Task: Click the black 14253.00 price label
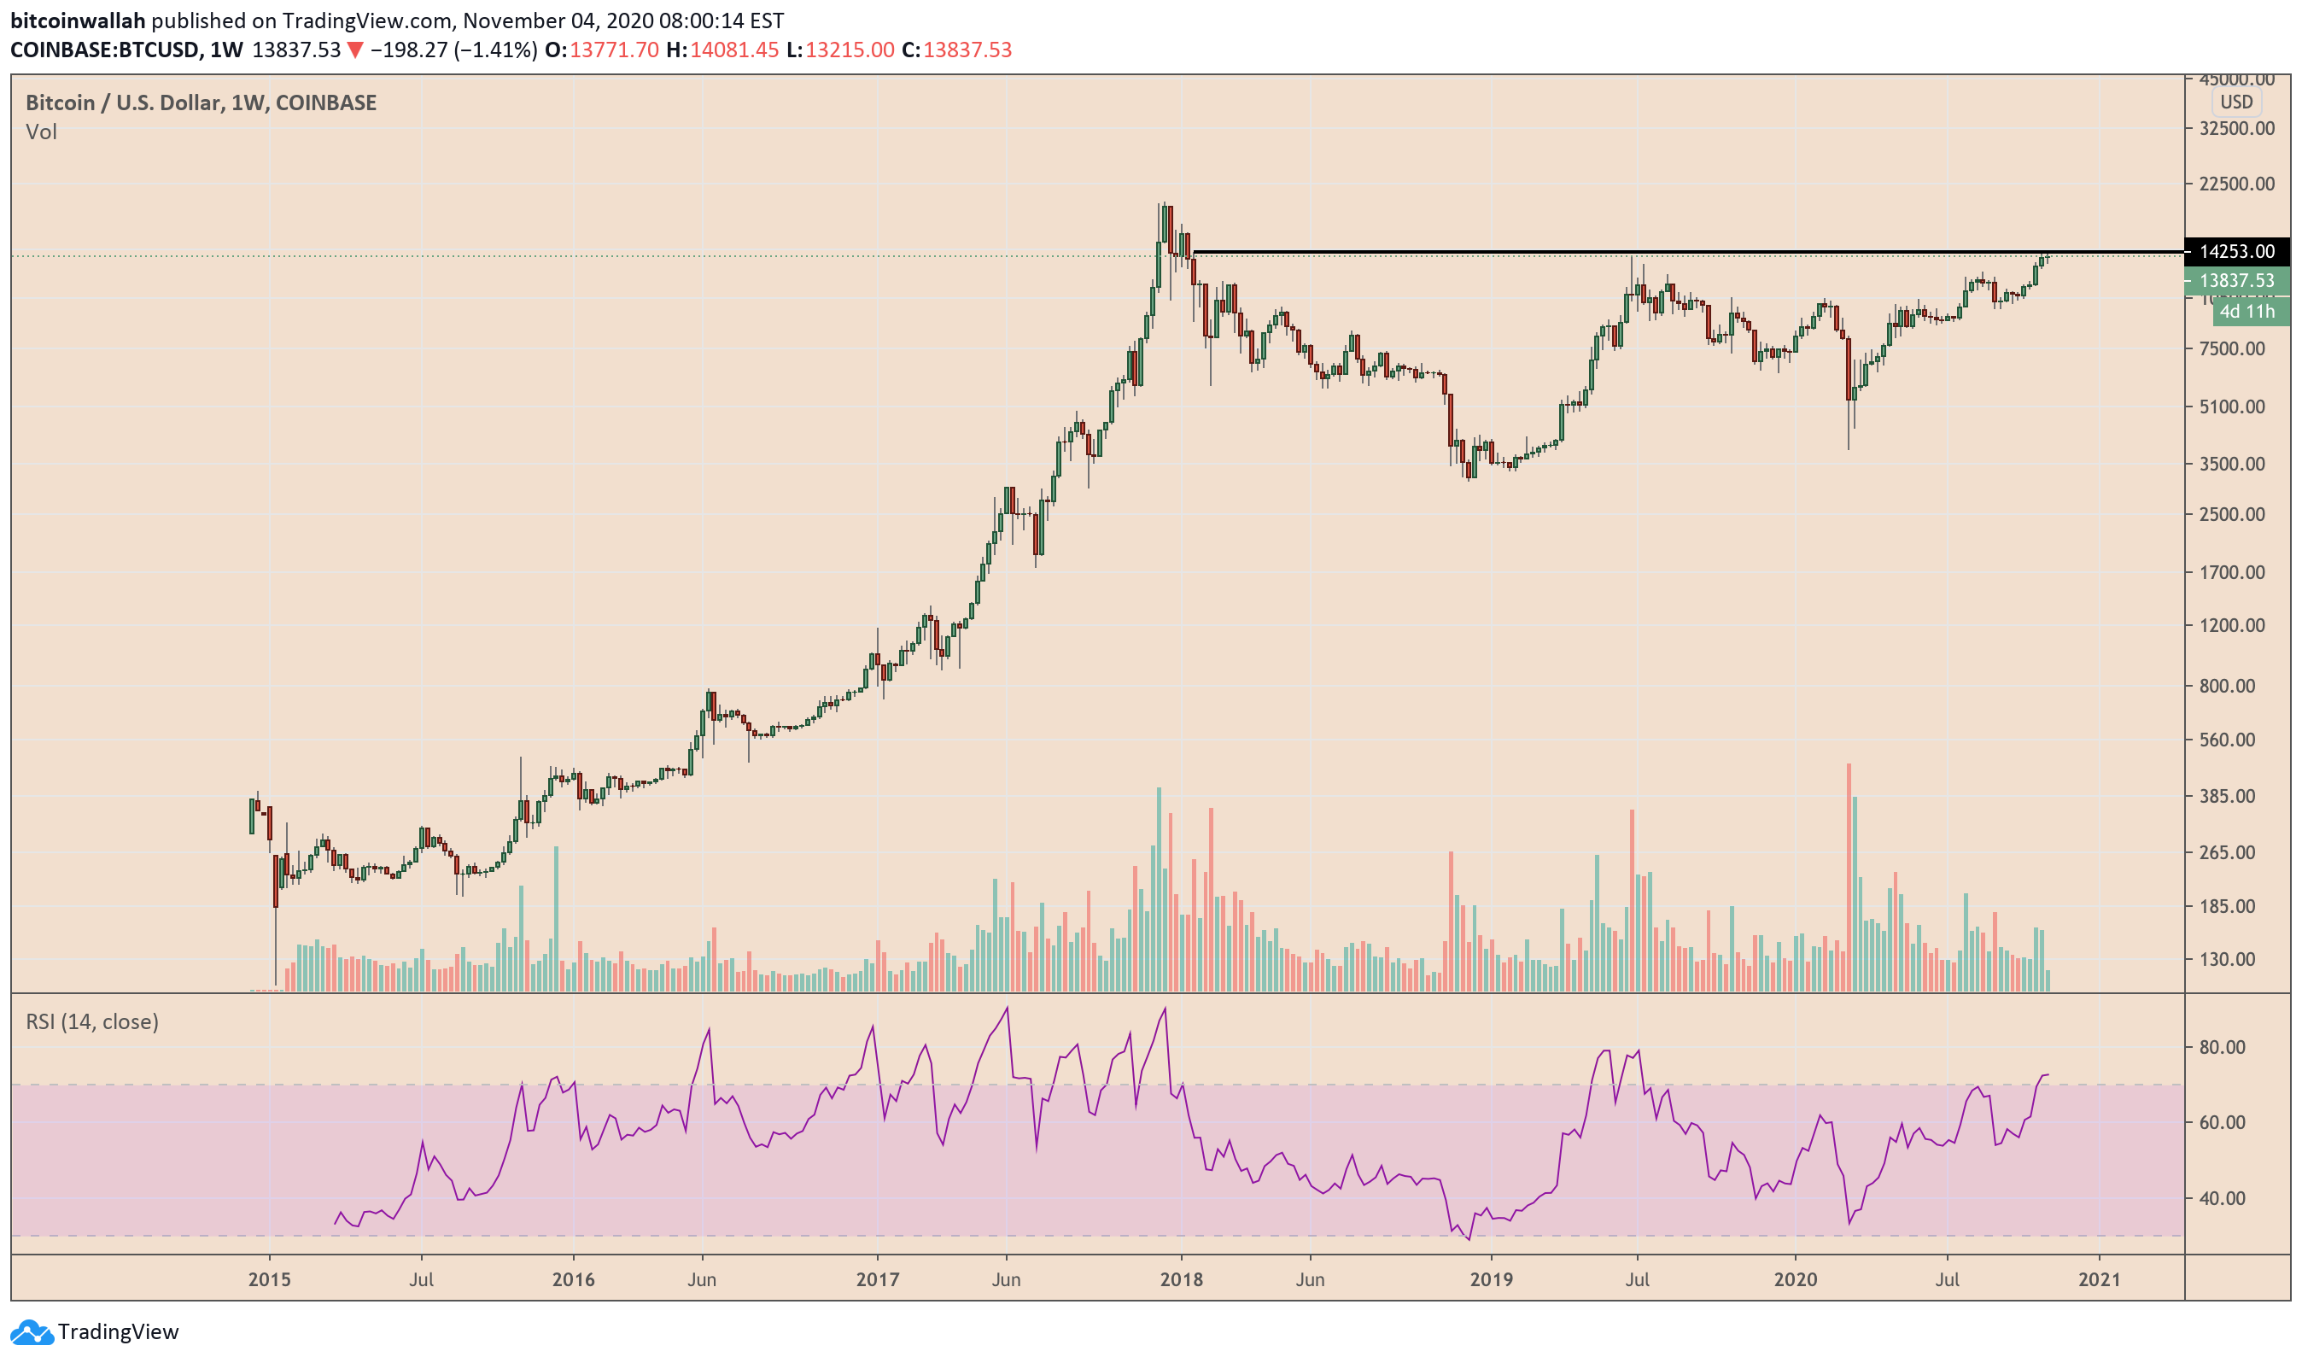(2236, 252)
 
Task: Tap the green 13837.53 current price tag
(2236, 281)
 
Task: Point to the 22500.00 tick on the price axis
(2236, 184)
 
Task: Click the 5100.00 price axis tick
(2236, 407)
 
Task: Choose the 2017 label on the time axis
(877, 1279)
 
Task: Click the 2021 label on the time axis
(2099, 1279)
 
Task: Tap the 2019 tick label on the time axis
(1491, 1279)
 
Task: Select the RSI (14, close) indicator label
(92, 1022)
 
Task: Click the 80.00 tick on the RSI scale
(2222, 1048)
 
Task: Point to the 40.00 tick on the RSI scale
(2222, 1198)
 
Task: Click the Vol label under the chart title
(41, 132)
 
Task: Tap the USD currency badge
(2236, 102)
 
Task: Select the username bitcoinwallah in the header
(78, 20)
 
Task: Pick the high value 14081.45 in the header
(733, 50)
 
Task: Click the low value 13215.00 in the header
(850, 50)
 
